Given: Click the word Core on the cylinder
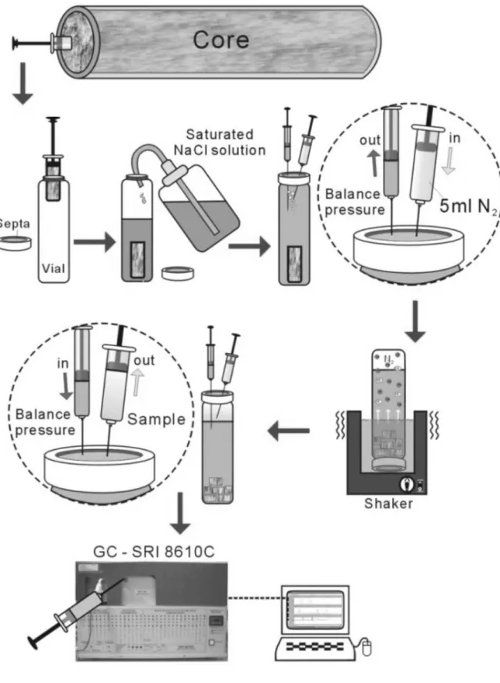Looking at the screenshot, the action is (x=221, y=40).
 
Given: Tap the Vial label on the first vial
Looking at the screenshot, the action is (x=53, y=268).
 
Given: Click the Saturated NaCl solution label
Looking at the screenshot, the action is (x=220, y=142).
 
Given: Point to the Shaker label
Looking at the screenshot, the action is (x=388, y=504).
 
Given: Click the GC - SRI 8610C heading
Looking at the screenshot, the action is (x=153, y=552).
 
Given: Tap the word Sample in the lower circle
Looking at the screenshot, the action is (x=156, y=419).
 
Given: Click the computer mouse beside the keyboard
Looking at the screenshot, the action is (x=367, y=646).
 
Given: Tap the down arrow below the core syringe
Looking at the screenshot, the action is (x=22, y=83).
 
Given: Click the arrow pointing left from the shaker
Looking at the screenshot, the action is (x=288, y=431).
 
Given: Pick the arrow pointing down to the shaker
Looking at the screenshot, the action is (x=415, y=322).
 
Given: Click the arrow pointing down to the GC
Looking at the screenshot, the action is (x=180, y=513).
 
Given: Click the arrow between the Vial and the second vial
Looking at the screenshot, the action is (x=94, y=242).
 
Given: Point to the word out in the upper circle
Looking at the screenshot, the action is (x=370, y=140).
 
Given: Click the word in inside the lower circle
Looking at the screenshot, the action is (x=63, y=363).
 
